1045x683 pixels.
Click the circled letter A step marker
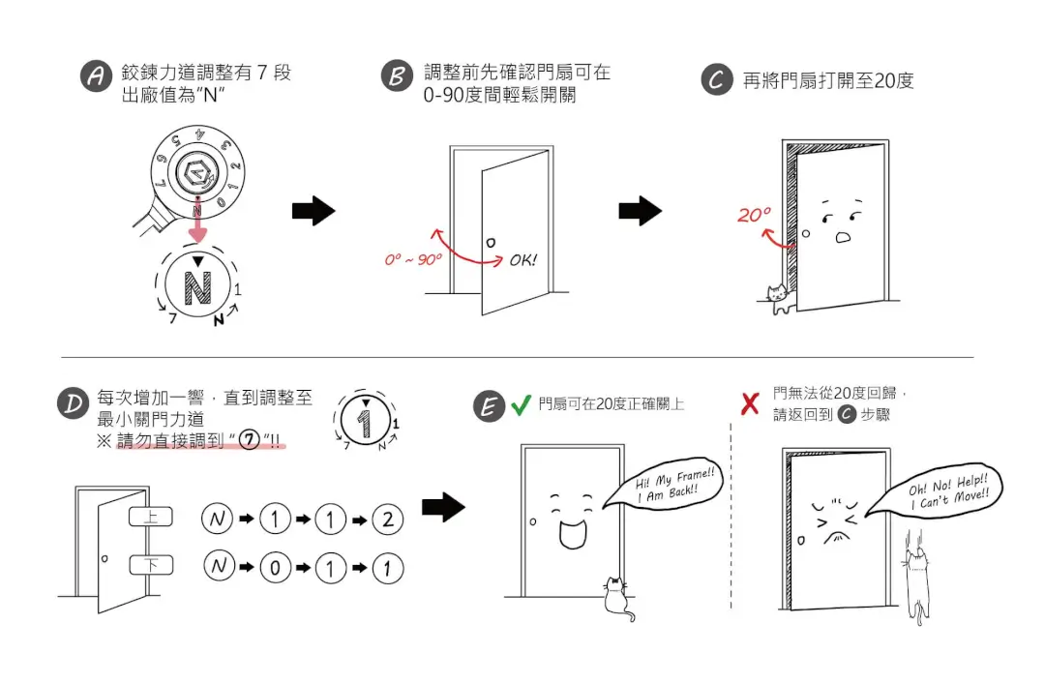(95, 77)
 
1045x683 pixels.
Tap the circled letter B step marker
(396, 77)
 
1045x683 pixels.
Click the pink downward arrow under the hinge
(197, 227)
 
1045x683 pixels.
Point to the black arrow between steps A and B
(313, 212)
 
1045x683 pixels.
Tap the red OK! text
(522, 260)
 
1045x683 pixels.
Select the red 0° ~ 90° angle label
(413, 259)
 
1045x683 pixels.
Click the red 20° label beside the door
(754, 215)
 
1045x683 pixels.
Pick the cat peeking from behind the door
(777, 298)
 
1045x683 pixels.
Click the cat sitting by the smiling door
(615, 597)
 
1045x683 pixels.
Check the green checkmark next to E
(521, 404)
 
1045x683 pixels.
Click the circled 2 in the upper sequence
(387, 520)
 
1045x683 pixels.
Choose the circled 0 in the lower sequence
(274, 568)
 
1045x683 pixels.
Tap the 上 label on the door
(150, 518)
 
